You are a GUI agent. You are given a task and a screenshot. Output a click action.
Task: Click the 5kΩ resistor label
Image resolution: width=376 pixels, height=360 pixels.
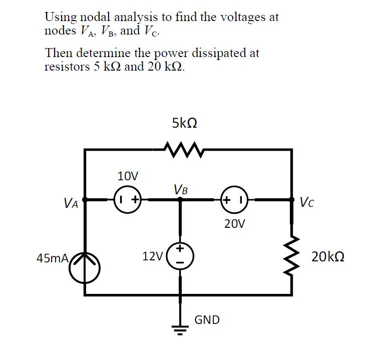[184, 123]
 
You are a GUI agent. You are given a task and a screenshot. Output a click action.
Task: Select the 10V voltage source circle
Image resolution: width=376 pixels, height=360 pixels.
[129, 199]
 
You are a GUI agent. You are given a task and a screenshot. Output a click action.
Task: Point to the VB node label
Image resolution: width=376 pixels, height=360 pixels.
[181, 189]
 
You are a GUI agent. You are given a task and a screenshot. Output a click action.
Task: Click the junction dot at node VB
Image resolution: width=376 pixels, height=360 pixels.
[181, 199]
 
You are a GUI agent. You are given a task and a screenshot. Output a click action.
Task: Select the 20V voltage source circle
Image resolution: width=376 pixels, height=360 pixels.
[233, 199]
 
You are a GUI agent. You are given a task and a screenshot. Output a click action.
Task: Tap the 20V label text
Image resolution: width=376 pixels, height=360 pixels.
[234, 223]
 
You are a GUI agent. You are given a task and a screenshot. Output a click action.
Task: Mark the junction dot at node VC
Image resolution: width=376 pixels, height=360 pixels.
[292, 199]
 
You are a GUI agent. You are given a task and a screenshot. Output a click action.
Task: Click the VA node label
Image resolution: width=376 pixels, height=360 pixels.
[71, 203]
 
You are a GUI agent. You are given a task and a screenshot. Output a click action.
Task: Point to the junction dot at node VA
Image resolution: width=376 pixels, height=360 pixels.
[85, 199]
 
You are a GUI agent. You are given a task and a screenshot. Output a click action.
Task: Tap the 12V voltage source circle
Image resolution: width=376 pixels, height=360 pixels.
[181, 255]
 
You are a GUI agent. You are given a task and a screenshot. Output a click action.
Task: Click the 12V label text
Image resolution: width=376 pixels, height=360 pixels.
[152, 257]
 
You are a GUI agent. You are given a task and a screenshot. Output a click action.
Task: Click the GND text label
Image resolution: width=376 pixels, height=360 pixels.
[207, 319]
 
